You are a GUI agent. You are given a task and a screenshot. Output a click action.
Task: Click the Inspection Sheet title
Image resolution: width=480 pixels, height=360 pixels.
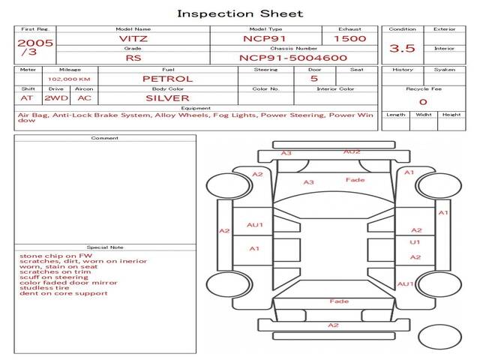(240, 13)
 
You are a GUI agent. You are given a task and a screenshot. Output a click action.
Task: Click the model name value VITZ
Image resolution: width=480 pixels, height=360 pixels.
(132, 38)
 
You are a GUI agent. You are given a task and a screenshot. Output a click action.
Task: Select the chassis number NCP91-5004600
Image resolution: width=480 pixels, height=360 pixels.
(292, 58)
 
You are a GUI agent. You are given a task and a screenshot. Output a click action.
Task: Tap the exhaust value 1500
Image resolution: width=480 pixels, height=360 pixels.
(349, 38)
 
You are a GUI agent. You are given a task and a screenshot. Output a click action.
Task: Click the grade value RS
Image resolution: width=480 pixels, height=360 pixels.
(132, 58)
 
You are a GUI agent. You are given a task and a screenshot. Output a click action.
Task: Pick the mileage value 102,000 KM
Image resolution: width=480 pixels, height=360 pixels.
(70, 79)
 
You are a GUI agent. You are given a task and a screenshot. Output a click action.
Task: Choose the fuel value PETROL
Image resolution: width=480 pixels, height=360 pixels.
(168, 79)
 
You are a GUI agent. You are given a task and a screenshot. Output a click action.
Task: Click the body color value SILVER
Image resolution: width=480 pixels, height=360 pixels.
(168, 97)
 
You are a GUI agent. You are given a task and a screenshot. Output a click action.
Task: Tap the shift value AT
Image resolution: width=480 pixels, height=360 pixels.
(27, 97)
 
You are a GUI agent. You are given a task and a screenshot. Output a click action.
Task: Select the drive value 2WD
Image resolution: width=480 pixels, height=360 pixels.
(53, 97)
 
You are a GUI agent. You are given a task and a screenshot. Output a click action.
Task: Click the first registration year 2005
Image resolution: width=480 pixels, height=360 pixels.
(34, 43)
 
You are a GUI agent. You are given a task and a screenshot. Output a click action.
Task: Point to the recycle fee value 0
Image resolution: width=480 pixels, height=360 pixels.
(423, 102)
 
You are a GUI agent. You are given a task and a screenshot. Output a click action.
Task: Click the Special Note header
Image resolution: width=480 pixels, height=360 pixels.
(105, 247)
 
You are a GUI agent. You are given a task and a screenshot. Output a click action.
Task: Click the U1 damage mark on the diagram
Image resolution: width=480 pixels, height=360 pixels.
(415, 243)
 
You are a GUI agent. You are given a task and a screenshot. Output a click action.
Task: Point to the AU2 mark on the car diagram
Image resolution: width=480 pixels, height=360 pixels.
(352, 151)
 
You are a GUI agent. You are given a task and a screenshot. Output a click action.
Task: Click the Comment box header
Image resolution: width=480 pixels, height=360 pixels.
(105, 138)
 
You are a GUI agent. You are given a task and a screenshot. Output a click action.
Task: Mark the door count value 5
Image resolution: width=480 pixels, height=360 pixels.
(313, 79)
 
